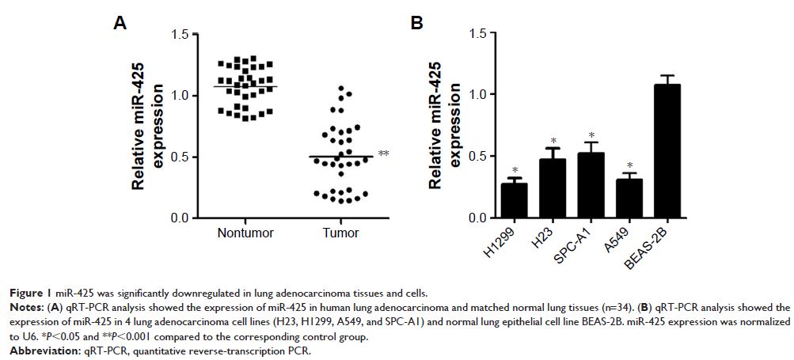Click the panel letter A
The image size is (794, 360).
coord(120,25)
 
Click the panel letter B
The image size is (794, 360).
coord(417,25)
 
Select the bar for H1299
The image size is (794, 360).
coord(514,200)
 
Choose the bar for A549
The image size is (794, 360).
coord(628,198)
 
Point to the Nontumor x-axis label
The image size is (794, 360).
coord(245,233)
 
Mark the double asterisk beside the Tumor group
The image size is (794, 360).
coord(383,153)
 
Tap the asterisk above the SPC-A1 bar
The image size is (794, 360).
coord(590,136)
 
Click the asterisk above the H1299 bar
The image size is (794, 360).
coord(514,171)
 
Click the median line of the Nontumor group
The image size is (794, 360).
coord(245,86)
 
